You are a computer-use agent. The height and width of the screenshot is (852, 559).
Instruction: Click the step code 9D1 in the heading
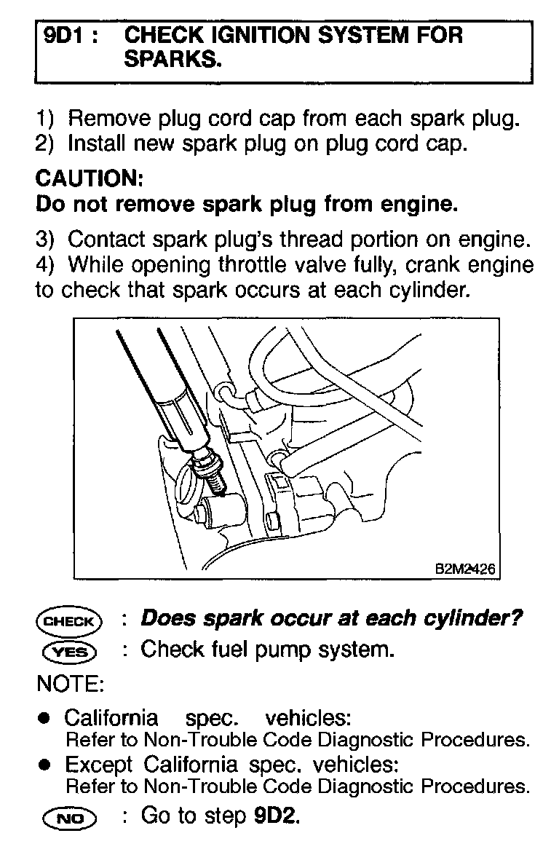[63, 36]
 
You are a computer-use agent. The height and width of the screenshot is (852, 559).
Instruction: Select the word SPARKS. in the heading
[172, 60]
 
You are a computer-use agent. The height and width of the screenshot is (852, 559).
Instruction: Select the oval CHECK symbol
[69, 621]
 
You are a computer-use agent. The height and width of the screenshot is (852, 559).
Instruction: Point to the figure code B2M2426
[464, 569]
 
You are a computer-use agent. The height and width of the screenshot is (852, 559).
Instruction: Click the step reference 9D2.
[277, 816]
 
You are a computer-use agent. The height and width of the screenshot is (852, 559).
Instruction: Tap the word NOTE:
[70, 684]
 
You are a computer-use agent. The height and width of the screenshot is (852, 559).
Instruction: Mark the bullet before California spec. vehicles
[45, 719]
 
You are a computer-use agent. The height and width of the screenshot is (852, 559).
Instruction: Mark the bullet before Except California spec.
[45, 765]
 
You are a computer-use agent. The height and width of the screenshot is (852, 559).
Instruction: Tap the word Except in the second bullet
[99, 765]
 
